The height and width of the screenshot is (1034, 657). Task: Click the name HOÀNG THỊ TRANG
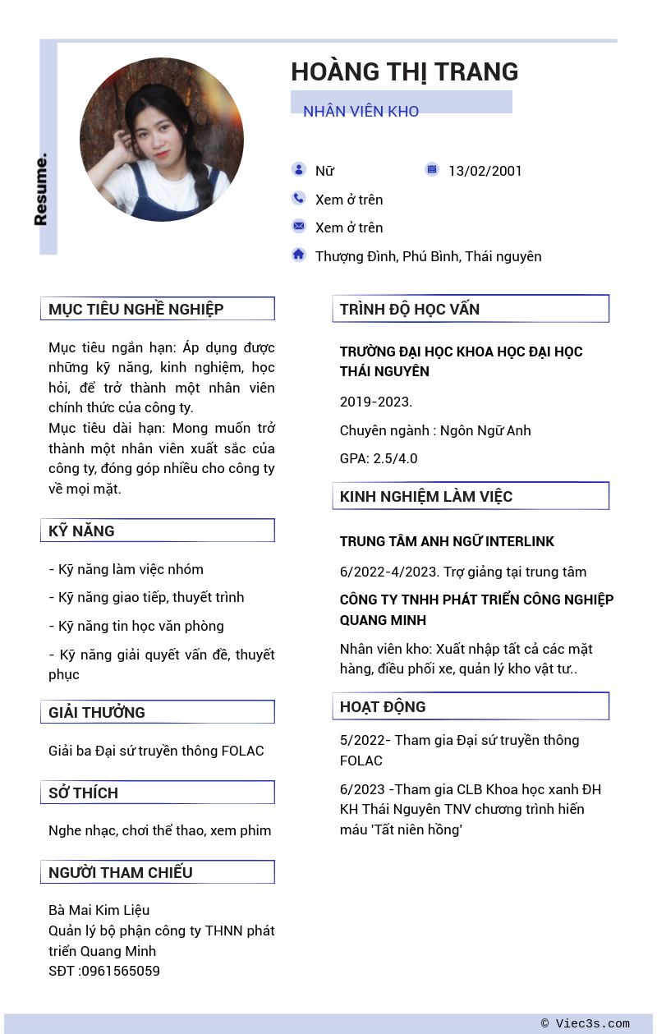tap(404, 72)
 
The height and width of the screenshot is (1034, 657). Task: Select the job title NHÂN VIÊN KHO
tap(361, 111)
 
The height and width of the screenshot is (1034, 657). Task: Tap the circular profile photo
tap(162, 140)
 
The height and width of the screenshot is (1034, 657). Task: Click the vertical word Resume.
tap(41, 189)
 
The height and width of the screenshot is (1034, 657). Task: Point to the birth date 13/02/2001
tap(485, 171)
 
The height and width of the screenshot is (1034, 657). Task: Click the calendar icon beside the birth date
tap(432, 169)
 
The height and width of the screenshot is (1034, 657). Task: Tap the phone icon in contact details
tap(298, 198)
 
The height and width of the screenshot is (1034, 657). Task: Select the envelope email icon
tap(298, 226)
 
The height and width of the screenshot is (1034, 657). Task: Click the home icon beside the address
tap(298, 255)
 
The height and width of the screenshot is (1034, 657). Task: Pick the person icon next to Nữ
tap(298, 169)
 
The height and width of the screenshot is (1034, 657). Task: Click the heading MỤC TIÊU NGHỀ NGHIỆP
tap(136, 309)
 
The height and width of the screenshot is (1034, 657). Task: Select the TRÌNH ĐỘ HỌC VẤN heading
tap(410, 309)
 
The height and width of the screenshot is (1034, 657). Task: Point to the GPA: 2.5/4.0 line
tap(379, 458)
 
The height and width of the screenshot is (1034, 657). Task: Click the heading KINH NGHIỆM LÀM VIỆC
tap(426, 496)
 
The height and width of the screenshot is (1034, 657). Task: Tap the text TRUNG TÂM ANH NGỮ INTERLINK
tap(447, 541)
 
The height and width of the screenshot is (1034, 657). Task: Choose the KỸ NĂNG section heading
tap(81, 531)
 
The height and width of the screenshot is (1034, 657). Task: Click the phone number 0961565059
tap(121, 971)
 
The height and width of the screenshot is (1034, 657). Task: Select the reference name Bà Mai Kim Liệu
tap(99, 910)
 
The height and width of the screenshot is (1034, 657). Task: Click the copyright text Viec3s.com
tap(592, 1023)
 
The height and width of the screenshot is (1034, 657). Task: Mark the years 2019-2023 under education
tap(375, 402)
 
